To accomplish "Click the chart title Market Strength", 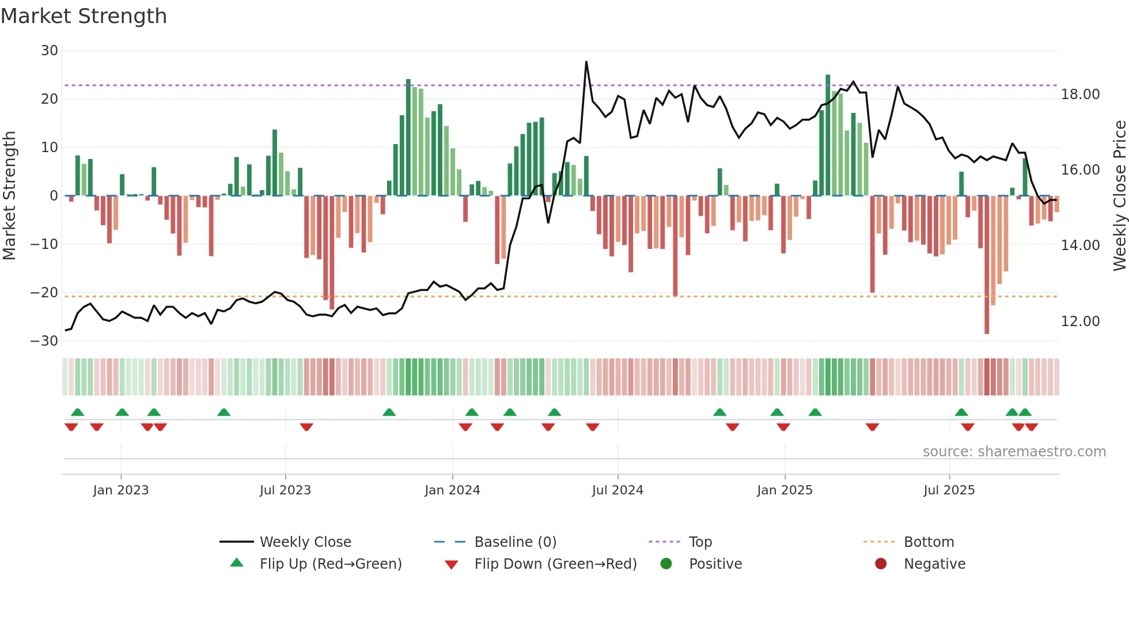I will tap(84, 16).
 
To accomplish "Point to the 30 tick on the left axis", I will tap(50, 51).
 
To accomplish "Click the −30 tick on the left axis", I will tap(45, 341).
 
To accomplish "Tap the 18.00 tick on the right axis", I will tap(1080, 95).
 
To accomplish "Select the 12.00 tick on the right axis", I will tap(1080, 322).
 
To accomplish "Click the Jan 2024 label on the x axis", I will tap(452, 490).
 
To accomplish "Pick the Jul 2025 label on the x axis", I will tap(949, 490).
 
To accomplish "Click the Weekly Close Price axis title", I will tap(1119, 195).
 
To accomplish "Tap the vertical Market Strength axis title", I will tap(10, 195).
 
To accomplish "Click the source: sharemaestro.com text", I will tap(1014, 452).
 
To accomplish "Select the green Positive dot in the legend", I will tap(666, 564).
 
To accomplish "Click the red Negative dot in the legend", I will tap(881, 564).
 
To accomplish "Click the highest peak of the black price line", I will tap(586, 62).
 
